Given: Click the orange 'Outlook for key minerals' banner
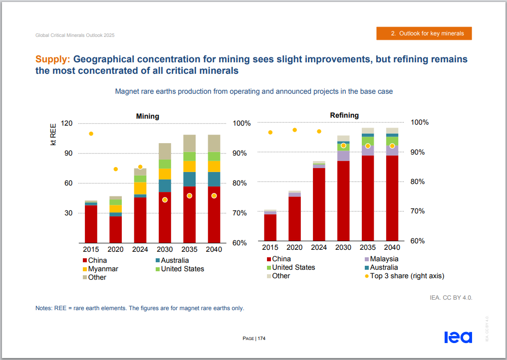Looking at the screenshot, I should pyautogui.click(x=424, y=33).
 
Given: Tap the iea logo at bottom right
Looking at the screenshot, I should pyautogui.click(x=458, y=337).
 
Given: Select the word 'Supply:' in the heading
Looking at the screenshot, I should pyautogui.click(x=53, y=59).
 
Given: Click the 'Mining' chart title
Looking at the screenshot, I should pyautogui.click(x=148, y=116).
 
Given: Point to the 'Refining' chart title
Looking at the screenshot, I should pyautogui.click(x=344, y=115).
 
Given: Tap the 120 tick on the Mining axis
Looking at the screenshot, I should pyautogui.click(x=67, y=123).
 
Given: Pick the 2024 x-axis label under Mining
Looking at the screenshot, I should pyautogui.click(x=140, y=249).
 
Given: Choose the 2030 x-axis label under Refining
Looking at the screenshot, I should pyautogui.click(x=343, y=247).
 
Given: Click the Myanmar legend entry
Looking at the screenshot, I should pyautogui.click(x=103, y=269).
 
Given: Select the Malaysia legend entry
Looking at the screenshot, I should pyautogui.click(x=384, y=259).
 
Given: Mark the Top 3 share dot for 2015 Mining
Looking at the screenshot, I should pyautogui.click(x=91, y=134).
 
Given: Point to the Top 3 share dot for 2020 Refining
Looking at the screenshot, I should pyautogui.click(x=294, y=130).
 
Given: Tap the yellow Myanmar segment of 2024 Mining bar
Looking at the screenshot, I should pyautogui.click(x=140, y=188).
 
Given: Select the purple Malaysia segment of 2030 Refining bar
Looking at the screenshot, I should pyautogui.click(x=343, y=156).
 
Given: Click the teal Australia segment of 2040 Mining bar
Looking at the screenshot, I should pyautogui.click(x=214, y=179).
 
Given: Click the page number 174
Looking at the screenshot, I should pyautogui.click(x=261, y=339).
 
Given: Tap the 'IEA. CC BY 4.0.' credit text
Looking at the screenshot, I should pyautogui.click(x=451, y=298).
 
